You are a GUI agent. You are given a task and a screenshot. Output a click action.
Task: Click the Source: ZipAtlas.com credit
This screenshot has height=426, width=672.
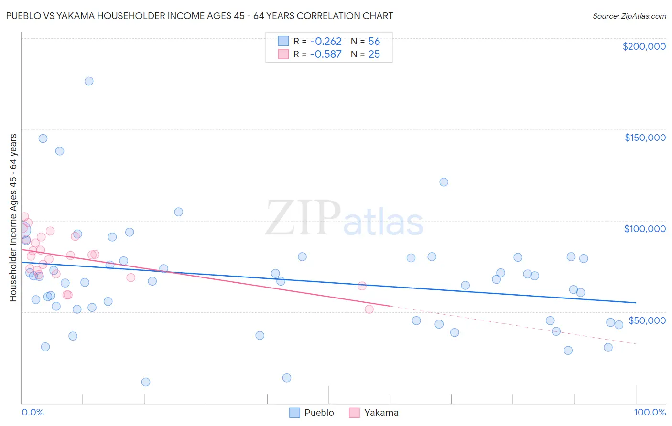click(629, 16)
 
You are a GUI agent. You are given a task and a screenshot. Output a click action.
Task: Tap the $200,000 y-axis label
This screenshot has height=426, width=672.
click(644, 46)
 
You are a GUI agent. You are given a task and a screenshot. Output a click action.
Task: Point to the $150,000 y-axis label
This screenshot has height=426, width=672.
click(645, 138)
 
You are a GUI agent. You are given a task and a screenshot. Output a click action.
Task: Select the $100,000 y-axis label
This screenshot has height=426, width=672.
click(645, 229)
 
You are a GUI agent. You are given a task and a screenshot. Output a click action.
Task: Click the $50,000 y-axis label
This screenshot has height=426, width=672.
click(647, 320)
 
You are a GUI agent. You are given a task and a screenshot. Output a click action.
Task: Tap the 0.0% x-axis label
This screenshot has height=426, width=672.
click(33, 412)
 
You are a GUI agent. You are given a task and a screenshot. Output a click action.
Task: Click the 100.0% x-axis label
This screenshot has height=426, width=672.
click(650, 412)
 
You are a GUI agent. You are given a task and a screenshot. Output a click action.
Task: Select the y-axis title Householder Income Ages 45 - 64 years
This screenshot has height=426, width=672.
click(13, 218)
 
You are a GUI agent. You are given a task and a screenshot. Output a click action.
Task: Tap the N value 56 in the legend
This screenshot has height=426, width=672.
click(374, 42)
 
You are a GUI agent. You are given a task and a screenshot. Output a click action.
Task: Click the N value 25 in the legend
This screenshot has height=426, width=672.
click(374, 54)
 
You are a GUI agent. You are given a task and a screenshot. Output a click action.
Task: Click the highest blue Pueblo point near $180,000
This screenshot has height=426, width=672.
click(89, 81)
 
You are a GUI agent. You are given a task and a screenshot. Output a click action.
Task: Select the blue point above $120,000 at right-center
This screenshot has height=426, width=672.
click(444, 182)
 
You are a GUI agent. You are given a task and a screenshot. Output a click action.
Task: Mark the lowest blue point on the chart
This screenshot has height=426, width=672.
click(146, 382)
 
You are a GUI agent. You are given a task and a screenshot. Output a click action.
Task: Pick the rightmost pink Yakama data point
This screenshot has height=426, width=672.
click(369, 309)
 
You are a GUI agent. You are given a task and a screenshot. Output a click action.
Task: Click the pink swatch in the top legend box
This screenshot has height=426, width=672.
click(283, 54)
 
